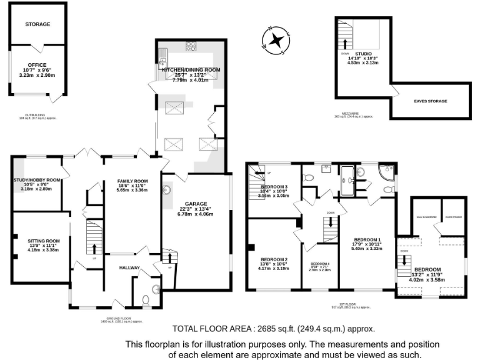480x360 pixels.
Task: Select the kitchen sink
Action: click(161, 61)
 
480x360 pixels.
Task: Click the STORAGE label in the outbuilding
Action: click(37, 24)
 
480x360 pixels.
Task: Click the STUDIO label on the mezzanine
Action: click(363, 54)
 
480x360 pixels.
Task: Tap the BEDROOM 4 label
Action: click(319, 264)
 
